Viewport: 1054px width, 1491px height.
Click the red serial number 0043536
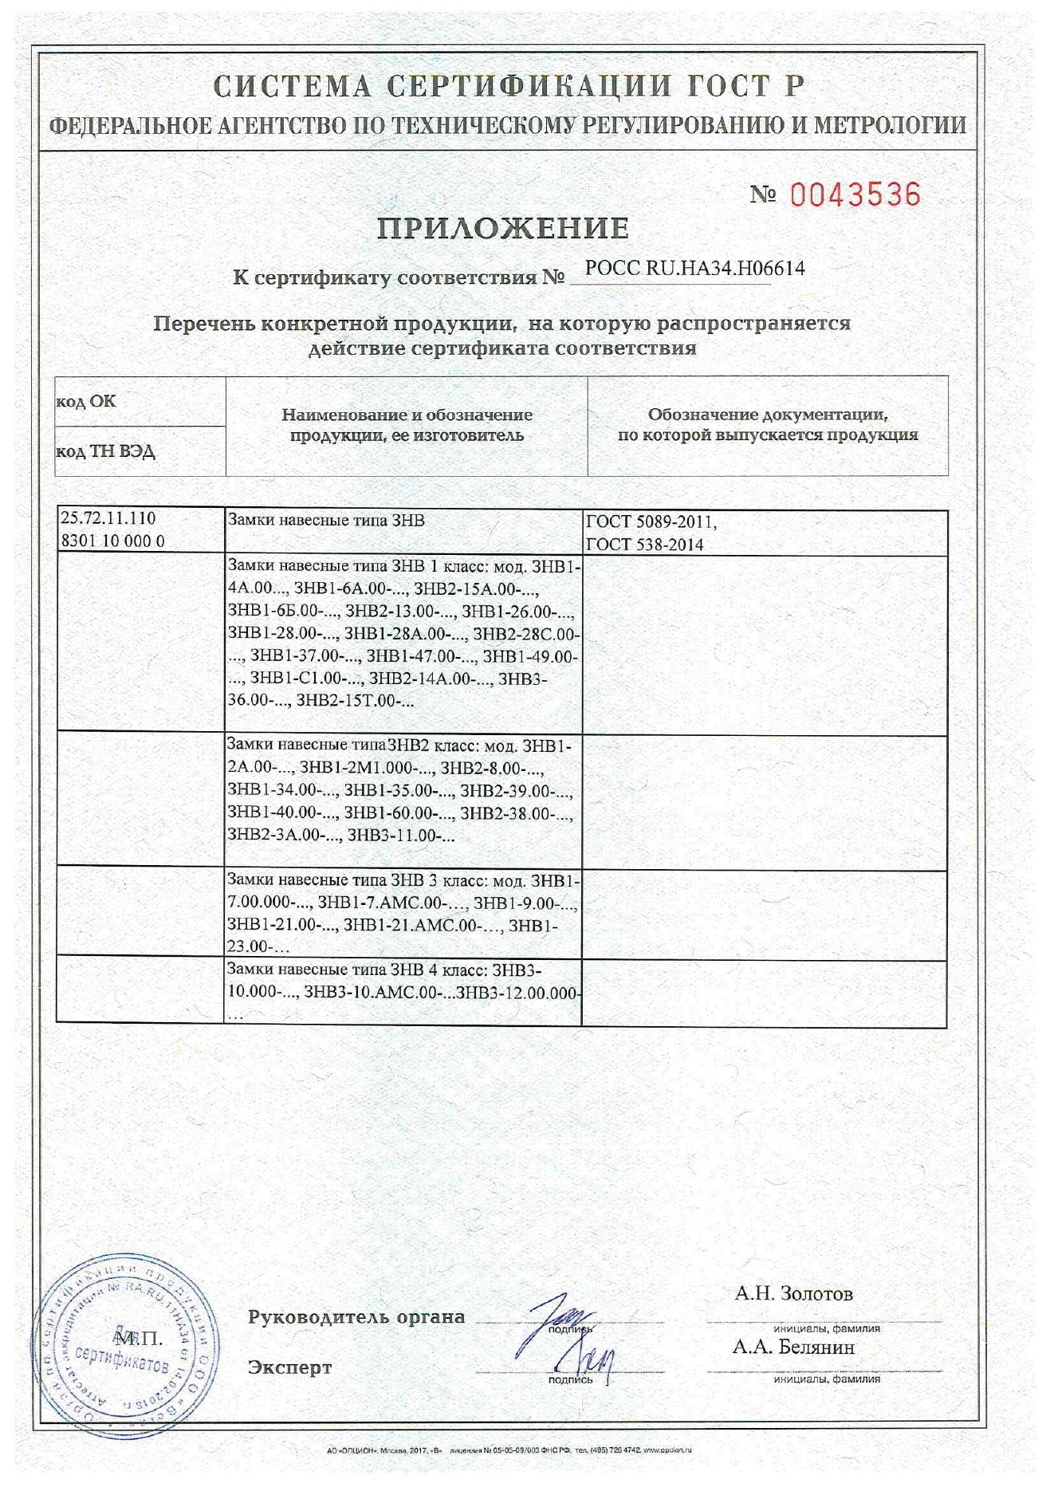pyautogui.click(x=855, y=195)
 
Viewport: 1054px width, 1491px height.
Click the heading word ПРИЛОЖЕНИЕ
pyautogui.click(x=503, y=229)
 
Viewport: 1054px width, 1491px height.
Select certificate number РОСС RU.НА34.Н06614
pyautogui.click(x=694, y=269)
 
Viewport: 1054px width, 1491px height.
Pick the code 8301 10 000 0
pyautogui.click(x=113, y=541)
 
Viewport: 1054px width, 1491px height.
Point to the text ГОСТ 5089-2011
pyautogui.click(x=651, y=522)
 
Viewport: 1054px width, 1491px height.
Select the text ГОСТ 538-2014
pyautogui.click(x=645, y=545)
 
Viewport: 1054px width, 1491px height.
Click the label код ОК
pyautogui.click(x=85, y=401)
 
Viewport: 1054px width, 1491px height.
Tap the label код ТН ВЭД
pyautogui.click(x=105, y=451)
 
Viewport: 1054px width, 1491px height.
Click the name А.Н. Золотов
pyautogui.click(x=793, y=1293)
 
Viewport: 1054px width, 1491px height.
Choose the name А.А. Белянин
pyautogui.click(x=793, y=1347)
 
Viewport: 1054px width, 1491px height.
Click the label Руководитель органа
pyautogui.click(x=356, y=1316)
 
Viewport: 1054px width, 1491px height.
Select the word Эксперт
pyautogui.click(x=289, y=1367)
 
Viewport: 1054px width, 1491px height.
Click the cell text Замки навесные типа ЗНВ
pyautogui.click(x=326, y=521)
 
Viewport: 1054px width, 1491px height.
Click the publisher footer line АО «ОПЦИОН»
pyautogui.click(x=509, y=1450)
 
